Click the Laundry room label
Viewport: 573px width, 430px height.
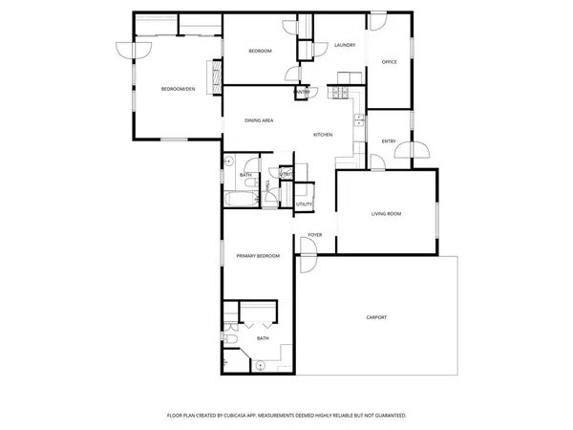click(345, 45)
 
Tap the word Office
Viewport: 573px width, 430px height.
click(389, 62)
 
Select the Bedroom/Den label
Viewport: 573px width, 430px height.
click(178, 89)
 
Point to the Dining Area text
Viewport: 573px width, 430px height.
click(260, 120)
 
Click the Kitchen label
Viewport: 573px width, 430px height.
click(323, 135)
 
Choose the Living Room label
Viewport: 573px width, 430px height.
click(387, 214)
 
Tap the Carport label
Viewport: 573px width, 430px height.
click(376, 317)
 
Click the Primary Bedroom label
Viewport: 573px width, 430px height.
click(258, 256)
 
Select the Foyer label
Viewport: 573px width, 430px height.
click(314, 235)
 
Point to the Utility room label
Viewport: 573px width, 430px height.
click(304, 204)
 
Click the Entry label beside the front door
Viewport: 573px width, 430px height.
click(389, 141)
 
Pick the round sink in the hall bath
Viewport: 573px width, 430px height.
click(229, 162)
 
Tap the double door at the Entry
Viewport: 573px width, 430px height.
click(417, 149)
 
